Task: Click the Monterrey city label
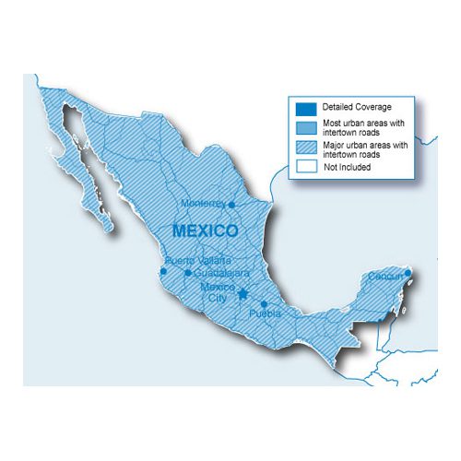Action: [203, 203]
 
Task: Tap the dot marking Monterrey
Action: [232, 205]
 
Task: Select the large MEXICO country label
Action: [205, 229]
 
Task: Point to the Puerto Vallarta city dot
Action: [163, 271]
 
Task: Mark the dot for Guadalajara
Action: [188, 273]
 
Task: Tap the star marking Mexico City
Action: [242, 294]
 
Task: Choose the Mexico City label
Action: [218, 292]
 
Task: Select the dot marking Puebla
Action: [264, 304]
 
